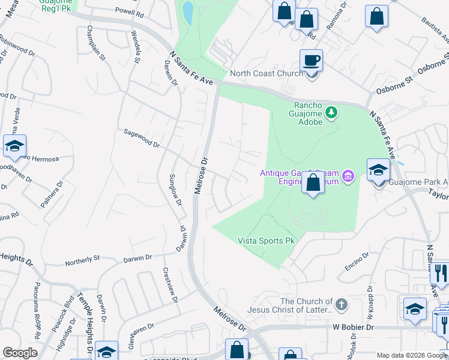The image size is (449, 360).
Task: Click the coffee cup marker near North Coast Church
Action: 311,61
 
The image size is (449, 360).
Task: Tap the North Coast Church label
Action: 267,74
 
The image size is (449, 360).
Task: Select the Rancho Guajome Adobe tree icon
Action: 330,112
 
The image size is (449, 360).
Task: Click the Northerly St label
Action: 82,259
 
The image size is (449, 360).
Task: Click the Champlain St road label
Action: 97,43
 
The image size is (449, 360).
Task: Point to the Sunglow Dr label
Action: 175,190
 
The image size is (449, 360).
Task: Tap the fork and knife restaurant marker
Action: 440,274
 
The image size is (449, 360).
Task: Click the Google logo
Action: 20,353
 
